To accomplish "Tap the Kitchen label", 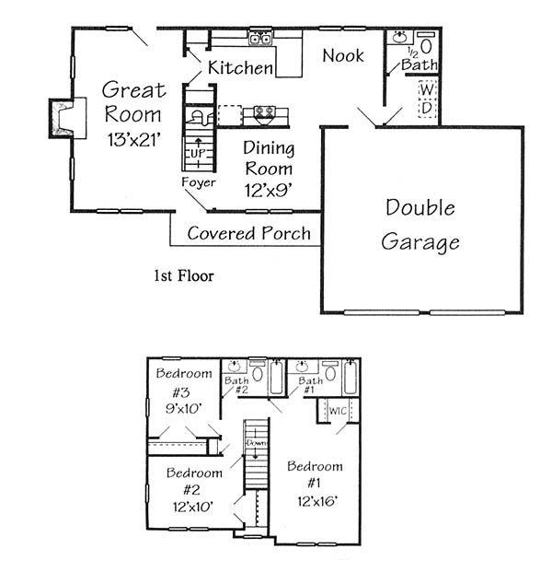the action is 240,68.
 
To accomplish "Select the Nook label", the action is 343,55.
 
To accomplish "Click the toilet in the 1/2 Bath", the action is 426,43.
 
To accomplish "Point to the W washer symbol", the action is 427,89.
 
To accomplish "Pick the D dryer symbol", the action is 427,108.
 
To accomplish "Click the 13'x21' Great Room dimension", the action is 134,139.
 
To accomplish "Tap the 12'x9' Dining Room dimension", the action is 269,190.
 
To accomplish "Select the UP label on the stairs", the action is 197,154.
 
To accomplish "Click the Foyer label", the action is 199,182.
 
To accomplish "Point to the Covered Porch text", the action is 248,233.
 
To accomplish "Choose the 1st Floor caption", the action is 184,275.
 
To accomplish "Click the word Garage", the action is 420,242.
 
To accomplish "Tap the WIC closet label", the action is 338,411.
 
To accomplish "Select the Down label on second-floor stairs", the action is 257,443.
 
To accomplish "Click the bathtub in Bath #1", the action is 351,378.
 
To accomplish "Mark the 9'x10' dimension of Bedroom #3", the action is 184,408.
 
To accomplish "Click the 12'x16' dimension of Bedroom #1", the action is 317,502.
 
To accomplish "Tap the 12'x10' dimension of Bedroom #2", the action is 193,507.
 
